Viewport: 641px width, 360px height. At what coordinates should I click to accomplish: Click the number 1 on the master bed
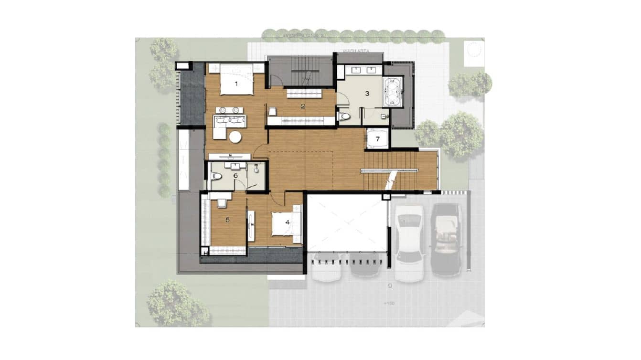point(235,85)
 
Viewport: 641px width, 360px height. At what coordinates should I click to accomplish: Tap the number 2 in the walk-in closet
point(303,106)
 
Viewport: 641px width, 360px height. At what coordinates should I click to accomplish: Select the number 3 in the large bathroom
point(367,94)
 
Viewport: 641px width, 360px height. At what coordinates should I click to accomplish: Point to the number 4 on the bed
point(287,222)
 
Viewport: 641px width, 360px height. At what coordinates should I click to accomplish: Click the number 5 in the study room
point(227,220)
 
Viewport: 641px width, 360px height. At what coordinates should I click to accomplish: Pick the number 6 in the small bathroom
point(235,175)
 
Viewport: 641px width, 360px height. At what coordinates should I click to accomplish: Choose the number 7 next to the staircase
point(377,139)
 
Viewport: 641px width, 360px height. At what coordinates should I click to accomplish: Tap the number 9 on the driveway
point(390,286)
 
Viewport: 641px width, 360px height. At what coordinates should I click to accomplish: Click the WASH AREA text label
point(354,51)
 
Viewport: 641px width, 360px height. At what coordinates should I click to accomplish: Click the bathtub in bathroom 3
point(393,92)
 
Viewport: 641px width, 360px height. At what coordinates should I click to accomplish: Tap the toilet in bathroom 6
point(216,176)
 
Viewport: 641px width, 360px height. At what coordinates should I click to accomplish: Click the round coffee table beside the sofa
point(235,137)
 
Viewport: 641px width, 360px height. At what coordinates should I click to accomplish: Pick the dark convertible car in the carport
point(446,239)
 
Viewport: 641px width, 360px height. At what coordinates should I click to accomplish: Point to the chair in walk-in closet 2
point(272,111)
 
